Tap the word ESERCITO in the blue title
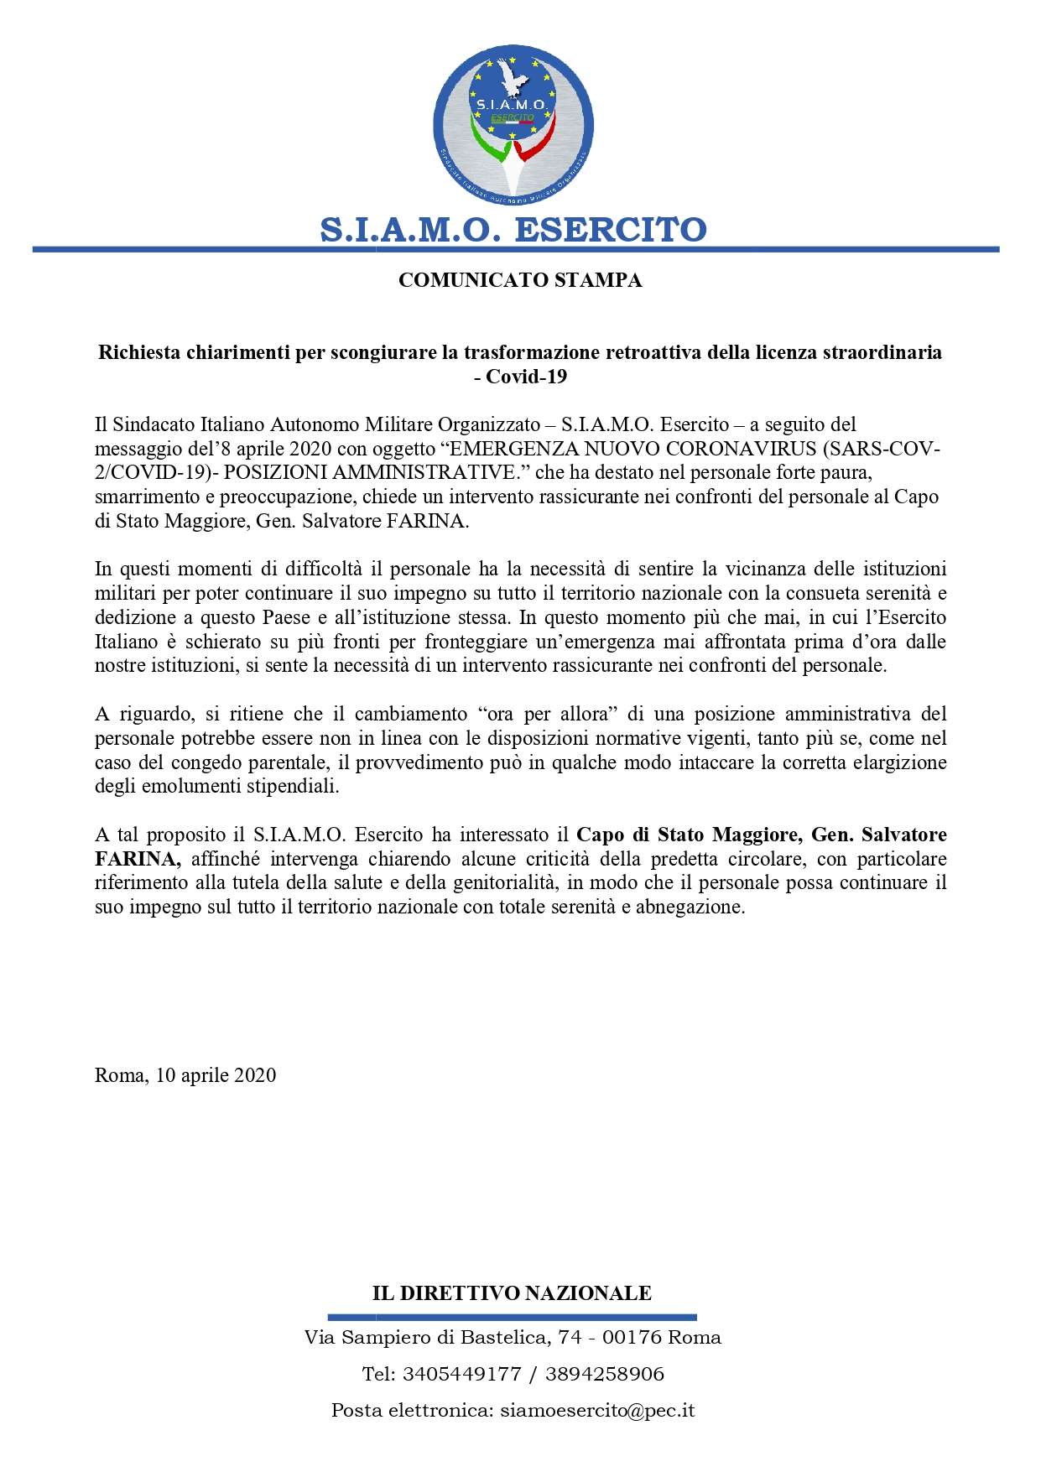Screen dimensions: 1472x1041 click(610, 229)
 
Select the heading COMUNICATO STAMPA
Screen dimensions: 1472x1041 click(520, 281)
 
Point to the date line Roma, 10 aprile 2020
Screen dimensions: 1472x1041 click(185, 1074)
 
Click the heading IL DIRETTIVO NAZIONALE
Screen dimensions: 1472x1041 click(512, 1293)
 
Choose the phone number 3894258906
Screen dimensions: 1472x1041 click(604, 1374)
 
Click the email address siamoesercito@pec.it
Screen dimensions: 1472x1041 click(595, 1411)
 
